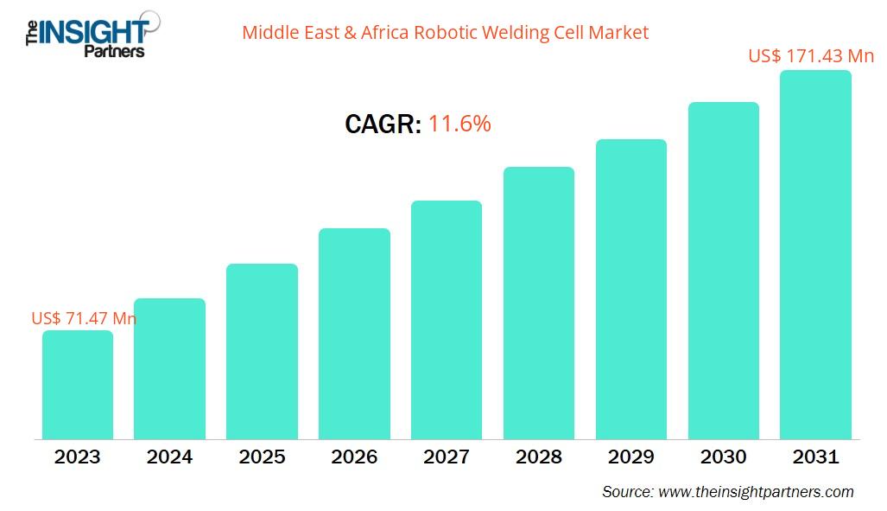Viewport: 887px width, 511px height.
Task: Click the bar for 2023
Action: tap(78, 385)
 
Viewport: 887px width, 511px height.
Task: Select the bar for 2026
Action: tap(354, 334)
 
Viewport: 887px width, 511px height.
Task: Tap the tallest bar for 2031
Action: tap(815, 255)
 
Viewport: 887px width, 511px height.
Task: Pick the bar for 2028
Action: tap(539, 303)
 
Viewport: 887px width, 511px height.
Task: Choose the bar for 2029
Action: tap(630, 290)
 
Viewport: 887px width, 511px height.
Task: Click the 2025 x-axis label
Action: tap(262, 457)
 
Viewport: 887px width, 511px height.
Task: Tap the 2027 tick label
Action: tap(447, 457)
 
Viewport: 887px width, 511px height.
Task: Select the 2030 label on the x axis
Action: tap(723, 457)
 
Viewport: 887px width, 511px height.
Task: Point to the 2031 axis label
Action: tap(815, 457)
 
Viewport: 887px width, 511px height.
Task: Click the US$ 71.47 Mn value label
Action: tap(84, 318)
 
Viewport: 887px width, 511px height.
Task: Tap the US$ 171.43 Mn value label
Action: tap(811, 56)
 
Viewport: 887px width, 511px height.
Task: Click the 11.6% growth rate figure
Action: tap(459, 124)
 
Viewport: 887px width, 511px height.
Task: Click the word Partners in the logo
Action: tap(113, 51)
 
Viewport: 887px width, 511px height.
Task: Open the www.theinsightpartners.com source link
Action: tap(756, 492)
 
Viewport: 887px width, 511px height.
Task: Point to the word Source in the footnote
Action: tap(627, 492)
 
